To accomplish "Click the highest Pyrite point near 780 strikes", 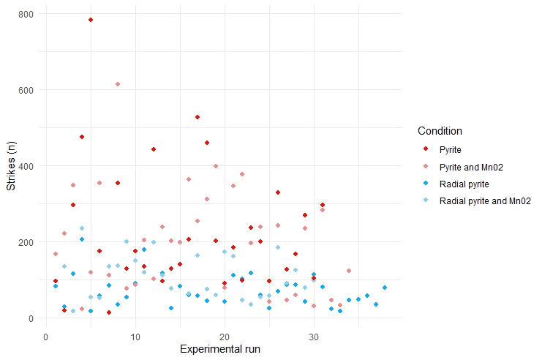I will (x=90, y=20).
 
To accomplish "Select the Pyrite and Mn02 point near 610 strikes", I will (x=117, y=84).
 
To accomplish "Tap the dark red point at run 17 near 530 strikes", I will (x=197, y=117).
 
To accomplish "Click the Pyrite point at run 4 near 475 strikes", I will (x=82, y=137).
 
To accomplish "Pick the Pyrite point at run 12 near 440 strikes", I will (x=154, y=149).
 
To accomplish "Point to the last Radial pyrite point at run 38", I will (x=385, y=288).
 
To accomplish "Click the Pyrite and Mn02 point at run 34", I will (x=349, y=271).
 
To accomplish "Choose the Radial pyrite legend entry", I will (x=464, y=183).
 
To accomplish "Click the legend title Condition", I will (x=440, y=131).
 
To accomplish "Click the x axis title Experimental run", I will (x=220, y=350).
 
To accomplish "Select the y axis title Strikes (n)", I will (x=12, y=166).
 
